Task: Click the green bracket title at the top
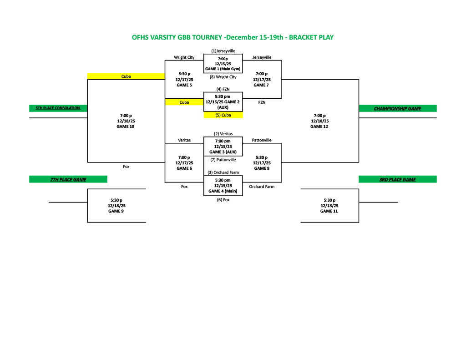point(233,37)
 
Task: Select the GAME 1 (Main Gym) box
point(223,64)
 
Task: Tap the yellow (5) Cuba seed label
point(223,115)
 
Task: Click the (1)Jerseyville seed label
point(223,51)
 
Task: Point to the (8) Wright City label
point(223,77)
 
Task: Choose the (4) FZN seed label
point(223,89)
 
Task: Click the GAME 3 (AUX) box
point(223,147)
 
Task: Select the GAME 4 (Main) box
point(223,186)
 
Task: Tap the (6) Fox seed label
point(223,200)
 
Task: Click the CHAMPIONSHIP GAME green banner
point(397,108)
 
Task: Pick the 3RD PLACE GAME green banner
point(397,179)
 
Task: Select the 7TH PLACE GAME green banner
point(68,179)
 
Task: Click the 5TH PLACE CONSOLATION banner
point(58,108)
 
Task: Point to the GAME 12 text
point(320,127)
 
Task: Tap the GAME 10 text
point(126,127)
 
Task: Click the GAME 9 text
point(116,211)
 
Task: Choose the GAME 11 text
point(329,211)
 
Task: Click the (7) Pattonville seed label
point(223,160)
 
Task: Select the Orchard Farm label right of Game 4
point(262,187)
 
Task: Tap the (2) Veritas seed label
point(223,134)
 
